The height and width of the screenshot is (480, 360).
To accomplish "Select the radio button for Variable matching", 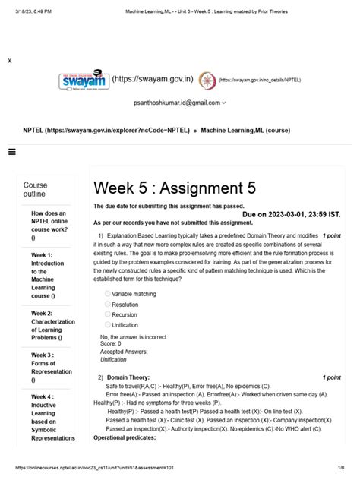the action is pyautogui.click(x=108, y=293).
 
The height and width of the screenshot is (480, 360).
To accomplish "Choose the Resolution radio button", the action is pyautogui.click(x=108, y=304).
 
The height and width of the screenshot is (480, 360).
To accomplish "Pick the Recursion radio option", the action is pyautogui.click(x=108, y=314).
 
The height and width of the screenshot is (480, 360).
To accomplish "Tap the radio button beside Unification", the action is pyautogui.click(x=108, y=325).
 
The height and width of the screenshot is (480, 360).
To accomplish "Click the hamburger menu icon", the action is pyautogui.click(x=11, y=152).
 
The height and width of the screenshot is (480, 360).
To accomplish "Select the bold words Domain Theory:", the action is pyautogui.click(x=128, y=377).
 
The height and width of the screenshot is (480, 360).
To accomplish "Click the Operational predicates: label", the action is pyautogui.click(x=125, y=438).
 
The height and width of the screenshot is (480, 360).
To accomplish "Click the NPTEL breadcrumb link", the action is pyautogui.click(x=106, y=131).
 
